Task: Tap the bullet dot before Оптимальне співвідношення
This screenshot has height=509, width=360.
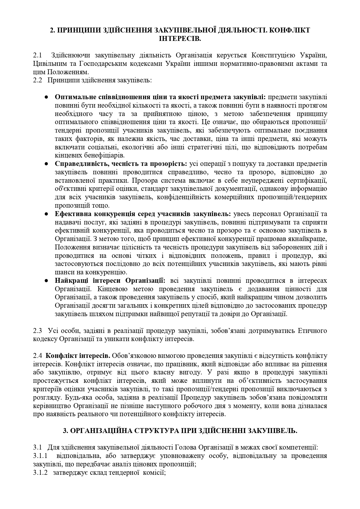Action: [46, 97]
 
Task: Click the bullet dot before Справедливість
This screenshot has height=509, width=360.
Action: [46, 164]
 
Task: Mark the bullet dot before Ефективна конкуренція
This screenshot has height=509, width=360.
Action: [46, 214]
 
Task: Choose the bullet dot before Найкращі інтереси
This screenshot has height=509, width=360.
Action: [46, 281]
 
